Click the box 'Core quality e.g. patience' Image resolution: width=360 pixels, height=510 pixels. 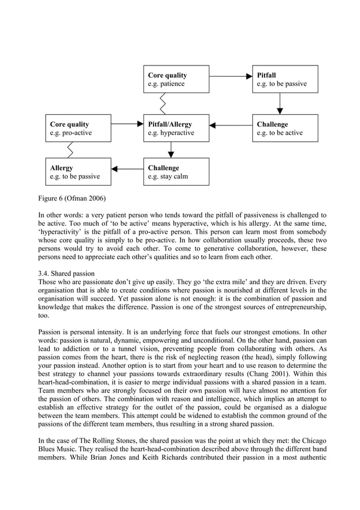click(x=175, y=79)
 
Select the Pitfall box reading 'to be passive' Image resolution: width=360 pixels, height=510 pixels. click(x=284, y=79)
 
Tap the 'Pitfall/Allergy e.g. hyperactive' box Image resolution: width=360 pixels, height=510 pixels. click(x=175, y=128)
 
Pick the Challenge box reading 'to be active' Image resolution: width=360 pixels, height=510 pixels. click(x=284, y=128)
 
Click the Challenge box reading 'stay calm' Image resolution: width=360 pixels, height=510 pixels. click(x=175, y=172)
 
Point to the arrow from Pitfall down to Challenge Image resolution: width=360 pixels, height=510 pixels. click(x=280, y=103)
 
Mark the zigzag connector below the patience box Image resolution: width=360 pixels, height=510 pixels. click(x=163, y=103)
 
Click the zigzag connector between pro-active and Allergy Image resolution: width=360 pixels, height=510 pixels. click(x=70, y=150)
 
